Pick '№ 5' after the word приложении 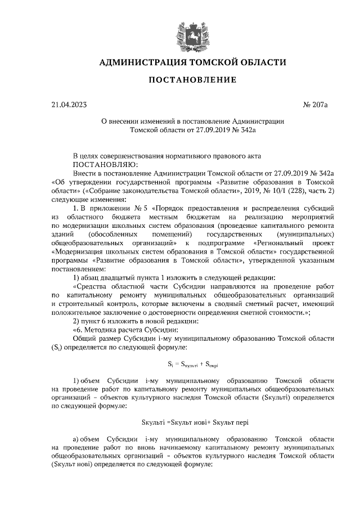140,209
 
